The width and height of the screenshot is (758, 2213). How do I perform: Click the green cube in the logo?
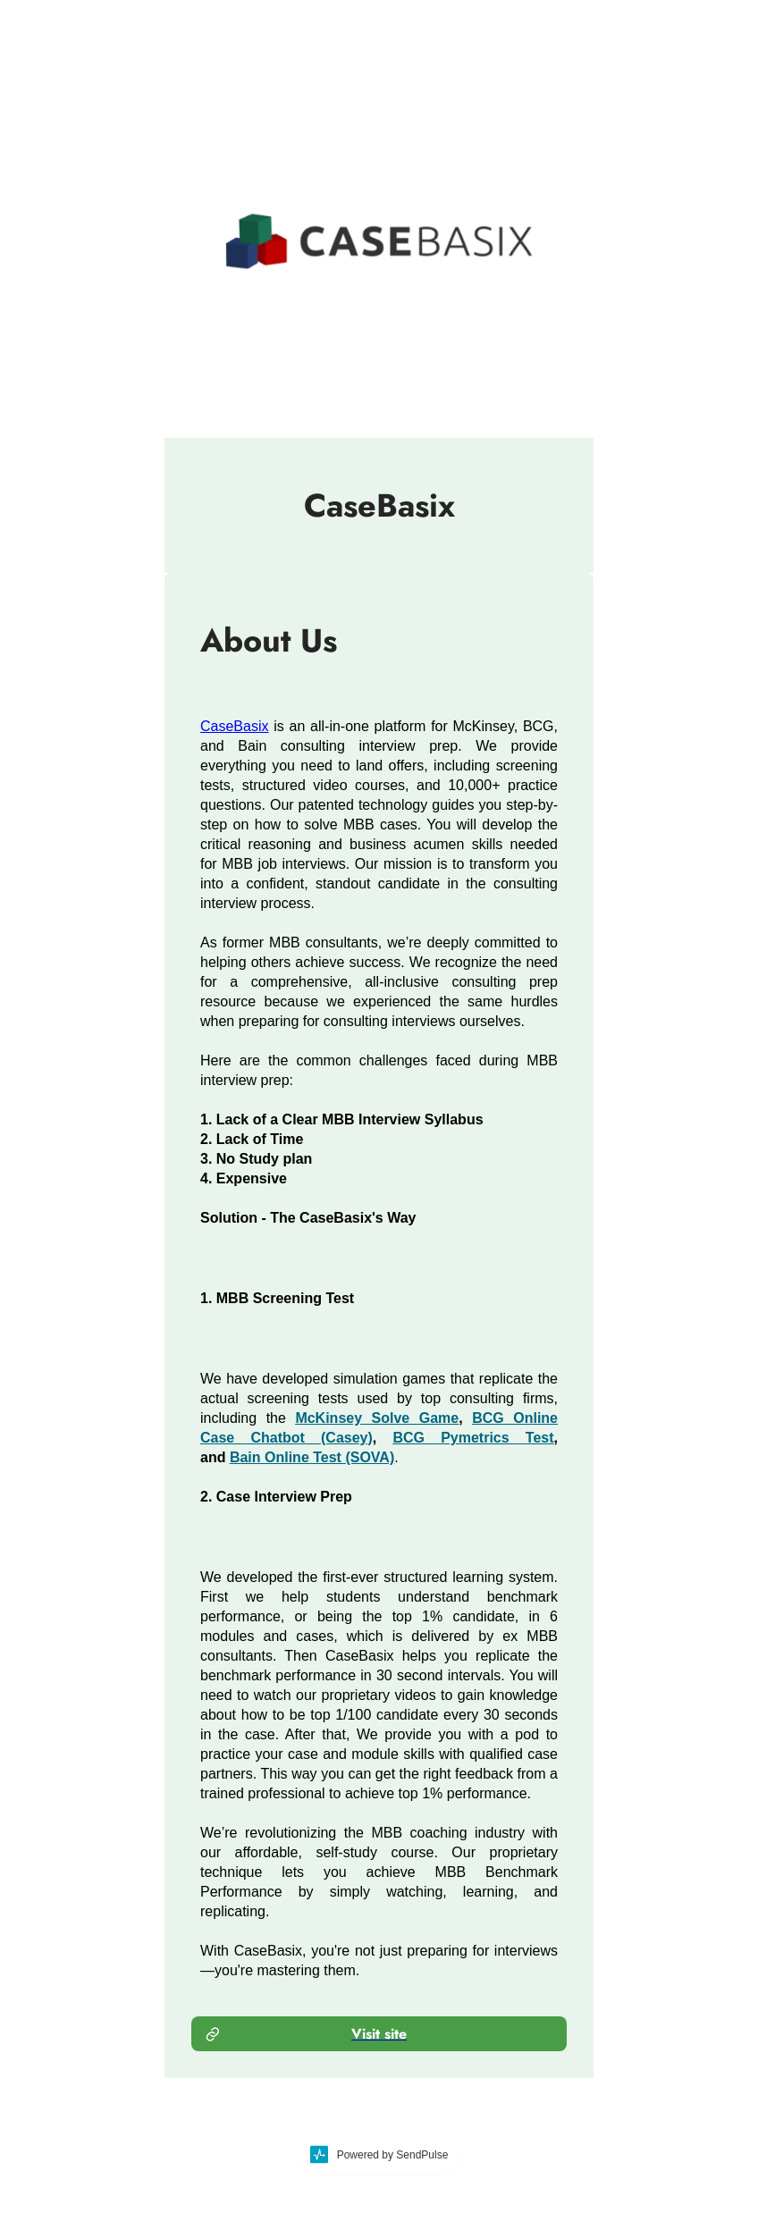click(256, 229)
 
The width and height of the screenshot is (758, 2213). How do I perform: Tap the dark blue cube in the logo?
click(240, 253)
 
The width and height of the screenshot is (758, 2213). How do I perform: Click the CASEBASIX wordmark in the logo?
click(416, 241)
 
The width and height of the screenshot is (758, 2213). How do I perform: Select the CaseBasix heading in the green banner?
click(379, 506)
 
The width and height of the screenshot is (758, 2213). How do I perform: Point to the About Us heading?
click(269, 641)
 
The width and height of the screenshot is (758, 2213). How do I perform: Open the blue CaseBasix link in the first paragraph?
click(234, 726)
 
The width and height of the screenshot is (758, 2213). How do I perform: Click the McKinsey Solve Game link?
click(376, 1418)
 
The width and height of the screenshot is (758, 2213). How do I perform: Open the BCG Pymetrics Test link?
click(473, 1437)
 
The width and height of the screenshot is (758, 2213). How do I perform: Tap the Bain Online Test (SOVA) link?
click(312, 1457)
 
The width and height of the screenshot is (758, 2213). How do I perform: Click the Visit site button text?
click(379, 2033)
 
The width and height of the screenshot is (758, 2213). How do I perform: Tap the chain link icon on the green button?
click(213, 2033)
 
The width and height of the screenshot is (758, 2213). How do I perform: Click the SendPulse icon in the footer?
click(319, 2154)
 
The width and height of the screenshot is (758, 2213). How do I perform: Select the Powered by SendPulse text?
click(392, 2155)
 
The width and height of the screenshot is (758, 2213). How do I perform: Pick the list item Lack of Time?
click(252, 1139)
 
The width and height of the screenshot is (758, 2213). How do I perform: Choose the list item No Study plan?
click(257, 1158)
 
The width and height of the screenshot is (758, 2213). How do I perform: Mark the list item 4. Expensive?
click(244, 1178)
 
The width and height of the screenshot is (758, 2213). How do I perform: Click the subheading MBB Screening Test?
click(277, 1298)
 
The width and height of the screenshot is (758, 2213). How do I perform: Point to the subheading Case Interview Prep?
click(276, 1496)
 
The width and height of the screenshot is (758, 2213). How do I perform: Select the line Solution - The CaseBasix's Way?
click(307, 1217)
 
